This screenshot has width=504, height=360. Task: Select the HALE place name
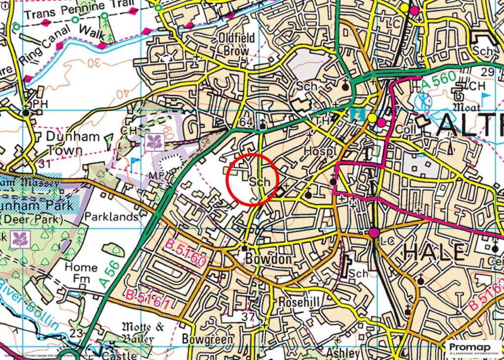434,253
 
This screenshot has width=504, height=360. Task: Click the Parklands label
111,217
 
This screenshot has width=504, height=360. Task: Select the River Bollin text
30,306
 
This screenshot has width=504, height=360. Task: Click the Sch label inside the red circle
260,182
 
